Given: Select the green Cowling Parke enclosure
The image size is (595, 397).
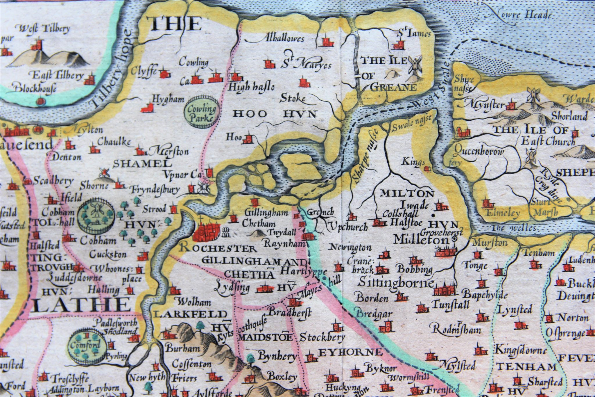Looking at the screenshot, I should [x=202, y=112].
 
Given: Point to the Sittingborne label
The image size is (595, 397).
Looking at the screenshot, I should [x=397, y=282].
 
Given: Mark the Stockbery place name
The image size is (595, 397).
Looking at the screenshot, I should [x=322, y=337].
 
